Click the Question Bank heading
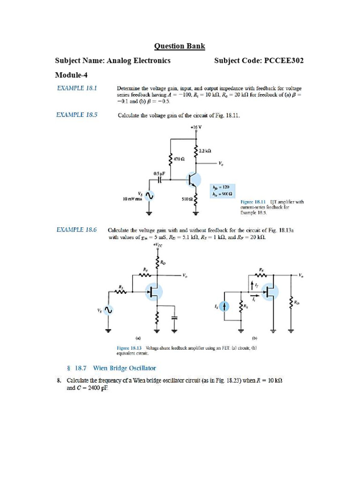(x=180, y=46)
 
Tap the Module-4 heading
(x=71, y=75)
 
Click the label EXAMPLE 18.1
(x=77, y=88)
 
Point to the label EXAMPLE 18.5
(x=77, y=114)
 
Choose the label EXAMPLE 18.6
(x=77, y=230)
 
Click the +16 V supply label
(x=196, y=127)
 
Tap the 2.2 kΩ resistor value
(x=205, y=150)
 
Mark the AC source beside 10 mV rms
(x=150, y=195)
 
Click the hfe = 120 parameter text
(x=222, y=187)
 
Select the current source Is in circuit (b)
(x=226, y=306)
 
